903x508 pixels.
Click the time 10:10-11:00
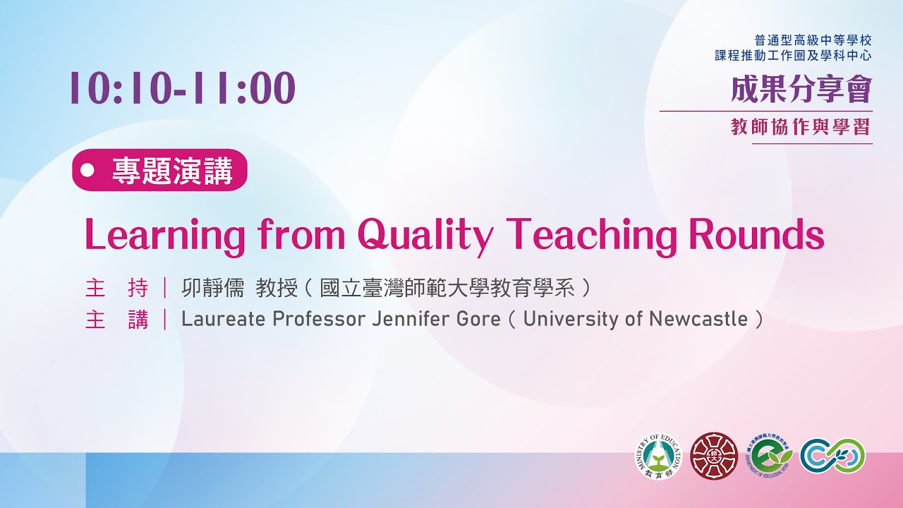[182, 89]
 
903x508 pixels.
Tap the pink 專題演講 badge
[159, 170]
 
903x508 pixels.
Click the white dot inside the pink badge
[88, 170]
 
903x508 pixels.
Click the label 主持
[116, 288]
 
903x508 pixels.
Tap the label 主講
[116, 320]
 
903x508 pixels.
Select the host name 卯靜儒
[212, 288]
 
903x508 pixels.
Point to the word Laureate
[223, 320]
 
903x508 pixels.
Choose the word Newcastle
[698, 320]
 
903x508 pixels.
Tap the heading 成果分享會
[801, 90]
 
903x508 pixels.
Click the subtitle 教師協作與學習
[801, 127]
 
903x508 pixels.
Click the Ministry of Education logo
[658, 456]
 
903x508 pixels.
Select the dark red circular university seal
[713, 456]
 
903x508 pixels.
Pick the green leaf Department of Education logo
[770, 456]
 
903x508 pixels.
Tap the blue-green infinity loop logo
[832, 456]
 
